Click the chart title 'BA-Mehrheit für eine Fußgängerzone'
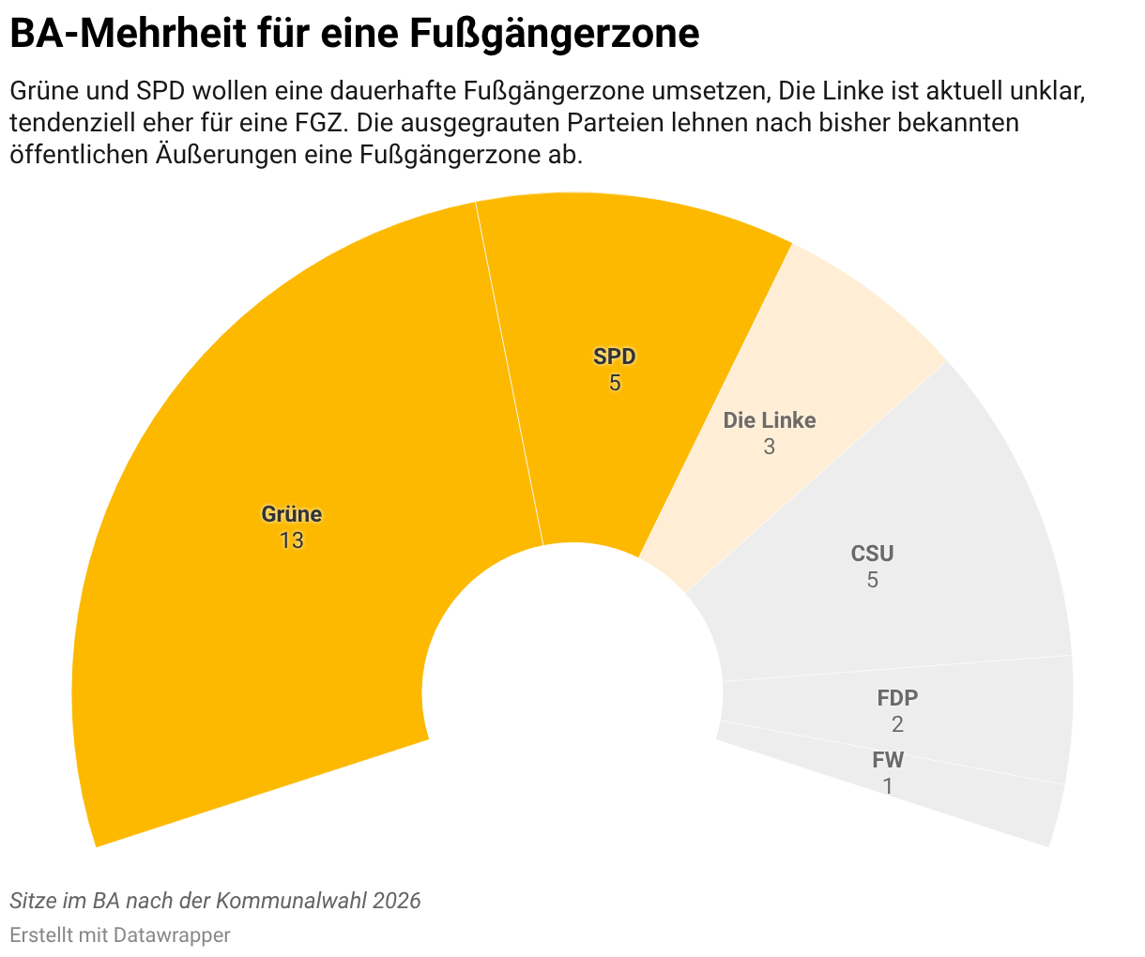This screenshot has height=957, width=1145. pos(355,35)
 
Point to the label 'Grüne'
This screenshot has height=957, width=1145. pos(291,514)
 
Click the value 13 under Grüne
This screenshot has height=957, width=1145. pos(291,540)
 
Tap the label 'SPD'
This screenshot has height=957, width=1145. pos(615,357)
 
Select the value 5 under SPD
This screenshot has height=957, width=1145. pos(615,383)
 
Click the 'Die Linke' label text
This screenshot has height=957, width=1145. pos(770,420)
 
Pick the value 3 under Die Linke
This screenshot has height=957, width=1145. pos(770,447)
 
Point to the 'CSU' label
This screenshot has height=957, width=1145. pos(872,554)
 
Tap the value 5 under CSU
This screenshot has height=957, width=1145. pos(872,580)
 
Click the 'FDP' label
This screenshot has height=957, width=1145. pos(897,698)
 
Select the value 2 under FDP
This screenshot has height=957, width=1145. pos(897,724)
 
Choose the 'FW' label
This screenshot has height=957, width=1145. pos(888,760)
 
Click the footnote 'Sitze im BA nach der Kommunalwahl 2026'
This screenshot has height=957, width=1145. pos(215,901)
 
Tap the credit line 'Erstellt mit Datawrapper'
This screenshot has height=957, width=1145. pos(120,934)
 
